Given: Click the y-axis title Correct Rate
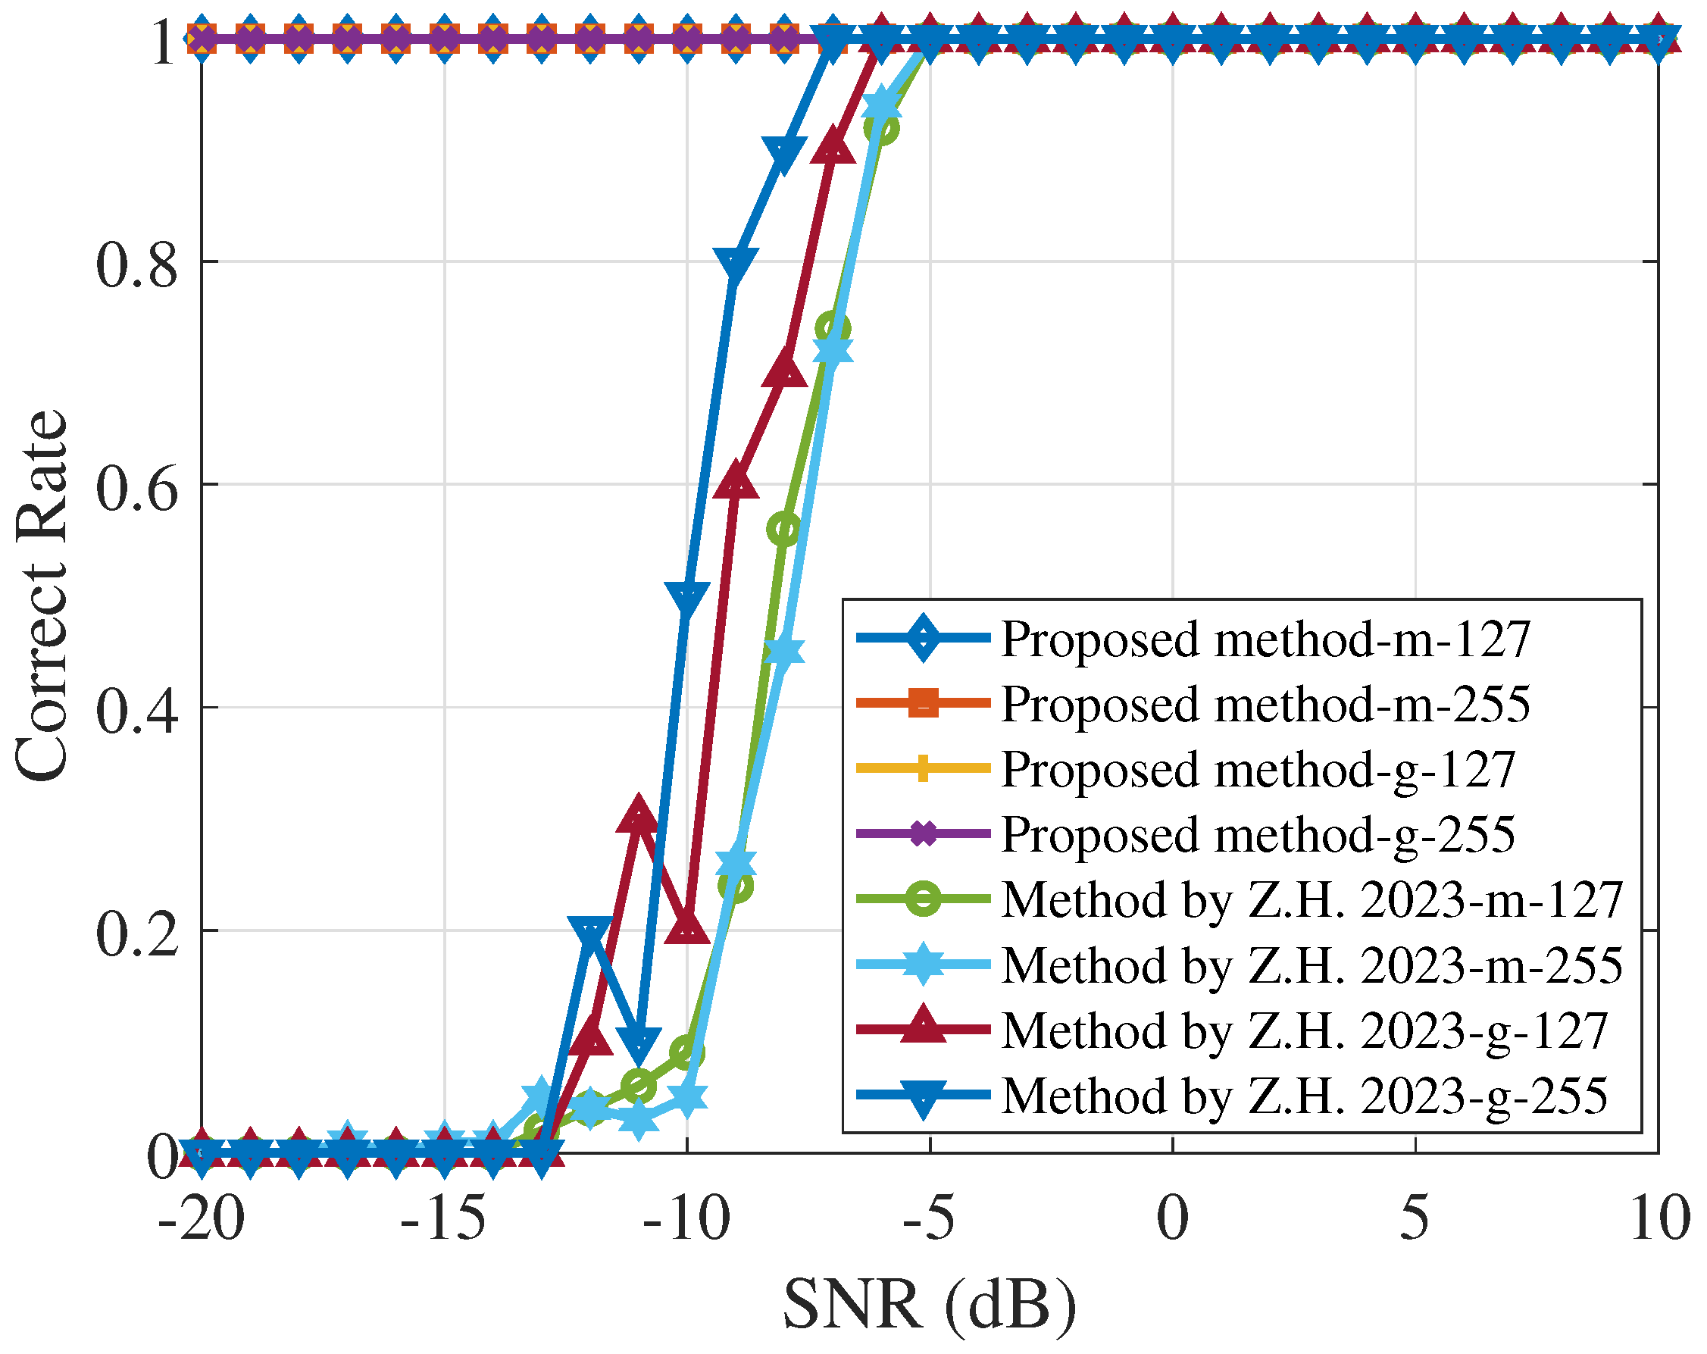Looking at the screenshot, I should coord(41,597).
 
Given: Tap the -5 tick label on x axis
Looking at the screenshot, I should coord(929,1219).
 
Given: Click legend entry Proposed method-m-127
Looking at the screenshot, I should coord(1265,639).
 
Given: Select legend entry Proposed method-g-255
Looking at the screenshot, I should coord(1256,834).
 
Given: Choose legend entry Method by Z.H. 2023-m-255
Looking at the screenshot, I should coord(1312,965).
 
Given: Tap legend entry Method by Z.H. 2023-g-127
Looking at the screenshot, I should coord(1304,1030).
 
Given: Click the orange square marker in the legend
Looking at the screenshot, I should coord(923,703).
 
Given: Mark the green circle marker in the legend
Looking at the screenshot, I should coord(923,899).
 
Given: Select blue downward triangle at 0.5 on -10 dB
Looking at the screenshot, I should coord(686,599).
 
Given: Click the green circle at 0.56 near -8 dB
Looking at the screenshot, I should coord(784,529).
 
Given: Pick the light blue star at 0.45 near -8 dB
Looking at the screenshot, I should coord(784,652).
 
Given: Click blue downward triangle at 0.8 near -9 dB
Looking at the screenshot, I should coord(736,264).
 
